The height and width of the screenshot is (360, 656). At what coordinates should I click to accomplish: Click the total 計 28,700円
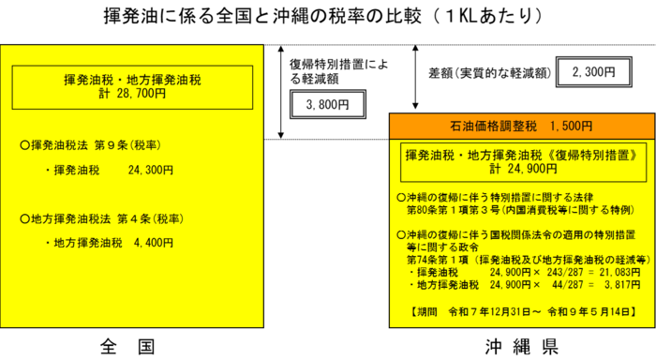132,94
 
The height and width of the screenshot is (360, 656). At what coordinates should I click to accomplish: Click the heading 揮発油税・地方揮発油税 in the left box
132,81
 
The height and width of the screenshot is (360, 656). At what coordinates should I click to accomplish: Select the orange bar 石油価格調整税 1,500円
522,126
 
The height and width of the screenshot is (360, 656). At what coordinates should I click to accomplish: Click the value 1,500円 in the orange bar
572,126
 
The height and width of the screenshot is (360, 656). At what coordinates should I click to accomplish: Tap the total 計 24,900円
522,169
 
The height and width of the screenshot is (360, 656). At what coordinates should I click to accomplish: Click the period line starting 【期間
522,311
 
